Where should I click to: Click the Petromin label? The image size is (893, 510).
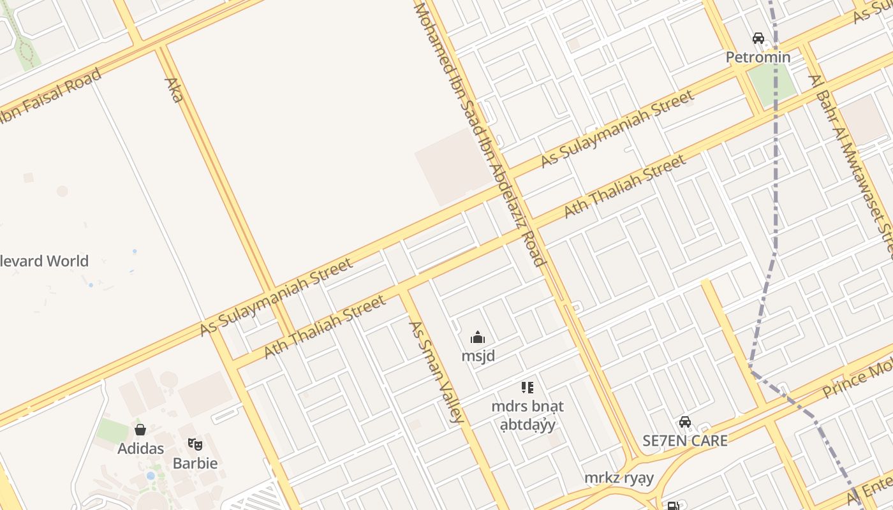tap(758, 57)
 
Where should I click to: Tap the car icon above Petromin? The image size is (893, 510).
tap(758, 38)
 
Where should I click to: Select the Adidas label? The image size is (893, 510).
tap(140, 448)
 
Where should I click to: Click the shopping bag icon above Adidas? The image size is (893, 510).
tap(140, 430)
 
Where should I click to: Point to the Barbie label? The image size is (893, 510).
tap(195, 463)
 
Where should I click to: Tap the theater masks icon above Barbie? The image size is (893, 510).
tap(195, 444)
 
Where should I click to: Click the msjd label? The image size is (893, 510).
tap(478, 356)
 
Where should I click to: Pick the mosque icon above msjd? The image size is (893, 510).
tap(478, 338)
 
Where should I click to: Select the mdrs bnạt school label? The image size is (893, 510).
tap(527, 415)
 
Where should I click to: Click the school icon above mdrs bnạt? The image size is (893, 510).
tap(527, 387)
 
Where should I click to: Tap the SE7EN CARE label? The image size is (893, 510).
tap(684, 441)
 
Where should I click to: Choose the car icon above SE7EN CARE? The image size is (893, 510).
tap(684, 422)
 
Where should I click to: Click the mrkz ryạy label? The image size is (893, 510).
tap(619, 477)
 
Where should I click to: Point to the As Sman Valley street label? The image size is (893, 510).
tap(435, 372)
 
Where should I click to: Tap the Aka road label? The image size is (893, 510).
tap(173, 90)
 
